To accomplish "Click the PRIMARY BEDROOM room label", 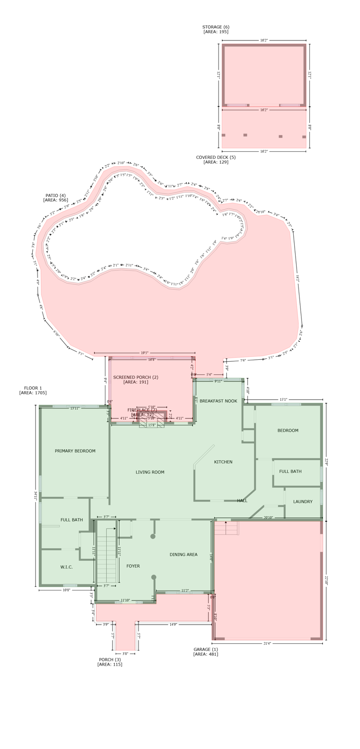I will click(75, 451).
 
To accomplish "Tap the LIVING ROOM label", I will click(150, 472).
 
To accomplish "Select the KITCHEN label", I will click(223, 462).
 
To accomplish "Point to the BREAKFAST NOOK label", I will click(218, 401).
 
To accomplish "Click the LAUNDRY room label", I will click(302, 502).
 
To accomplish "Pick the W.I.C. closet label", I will click(66, 567).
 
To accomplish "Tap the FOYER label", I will click(133, 566).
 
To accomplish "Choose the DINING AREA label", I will click(183, 554).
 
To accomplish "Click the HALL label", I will click(242, 501).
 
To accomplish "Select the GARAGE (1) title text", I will click(205, 650).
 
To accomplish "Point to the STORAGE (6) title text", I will click(216, 27).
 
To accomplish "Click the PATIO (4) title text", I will click(56, 196).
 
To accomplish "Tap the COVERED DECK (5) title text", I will click(216, 158).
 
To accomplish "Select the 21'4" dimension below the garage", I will click(267, 643).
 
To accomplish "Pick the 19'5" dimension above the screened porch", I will click(144, 353).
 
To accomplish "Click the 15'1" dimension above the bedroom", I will click(283, 399).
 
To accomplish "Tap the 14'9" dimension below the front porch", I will click(173, 624).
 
